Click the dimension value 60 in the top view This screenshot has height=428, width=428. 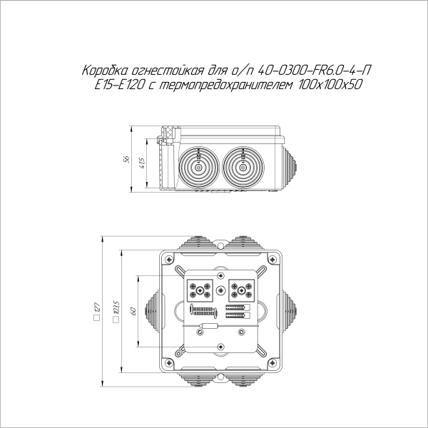[x=133, y=311]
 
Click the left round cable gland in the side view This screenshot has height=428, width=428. [x=196, y=167]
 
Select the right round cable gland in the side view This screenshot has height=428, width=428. [x=243, y=167]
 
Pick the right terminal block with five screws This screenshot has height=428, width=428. [x=241, y=290]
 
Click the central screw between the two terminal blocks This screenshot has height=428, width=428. [x=223, y=290]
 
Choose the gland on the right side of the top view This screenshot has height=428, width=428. [x=288, y=307]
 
